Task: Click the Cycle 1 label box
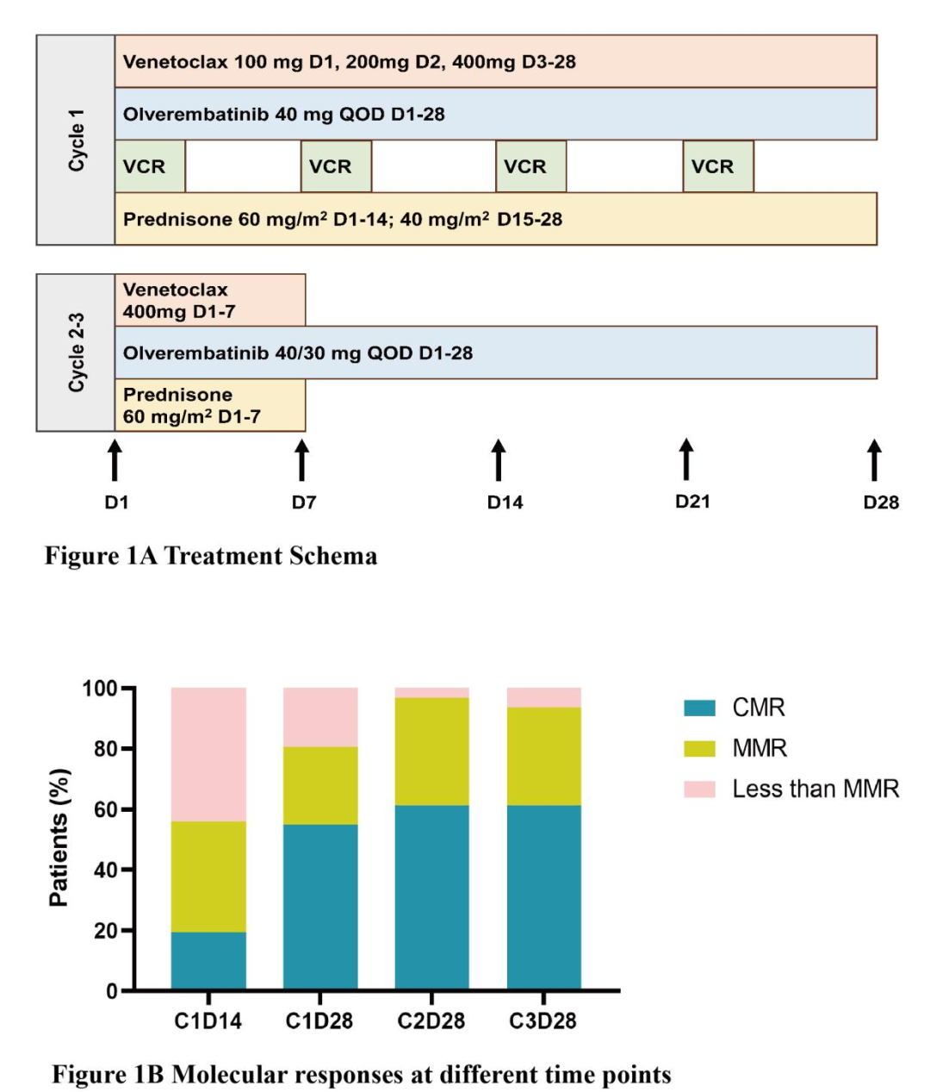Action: pyautogui.click(x=76, y=140)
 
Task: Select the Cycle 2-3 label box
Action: pyautogui.click(x=76, y=353)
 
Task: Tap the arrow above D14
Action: pyautogui.click(x=499, y=459)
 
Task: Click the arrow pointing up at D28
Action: pyautogui.click(x=874, y=459)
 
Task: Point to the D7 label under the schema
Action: pyautogui.click(x=304, y=502)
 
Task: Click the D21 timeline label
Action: pyautogui.click(x=692, y=502)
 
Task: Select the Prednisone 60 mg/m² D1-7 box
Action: pyautogui.click(x=210, y=405)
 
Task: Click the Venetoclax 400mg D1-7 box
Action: pyautogui.click(x=210, y=300)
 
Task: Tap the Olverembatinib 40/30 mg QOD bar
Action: pyautogui.click(x=496, y=353)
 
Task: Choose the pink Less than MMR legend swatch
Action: pyautogui.click(x=699, y=789)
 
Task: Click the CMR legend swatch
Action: pyautogui.click(x=699, y=708)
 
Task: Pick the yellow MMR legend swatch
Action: pyautogui.click(x=699, y=748)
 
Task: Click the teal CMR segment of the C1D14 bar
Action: pyautogui.click(x=208, y=960)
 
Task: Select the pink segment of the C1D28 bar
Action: pyautogui.click(x=320, y=717)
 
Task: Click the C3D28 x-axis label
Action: pyautogui.click(x=542, y=1021)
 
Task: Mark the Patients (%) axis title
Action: pyautogui.click(x=59, y=837)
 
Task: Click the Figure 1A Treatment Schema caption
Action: pyautogui.click(x=211, y=556)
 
